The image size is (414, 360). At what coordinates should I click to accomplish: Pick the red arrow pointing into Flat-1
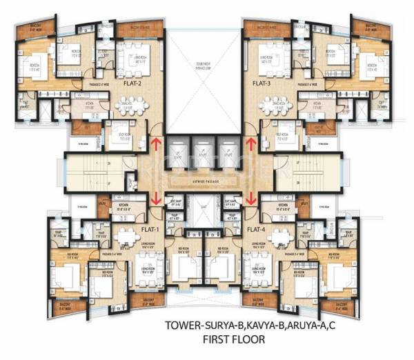[157, 196]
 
